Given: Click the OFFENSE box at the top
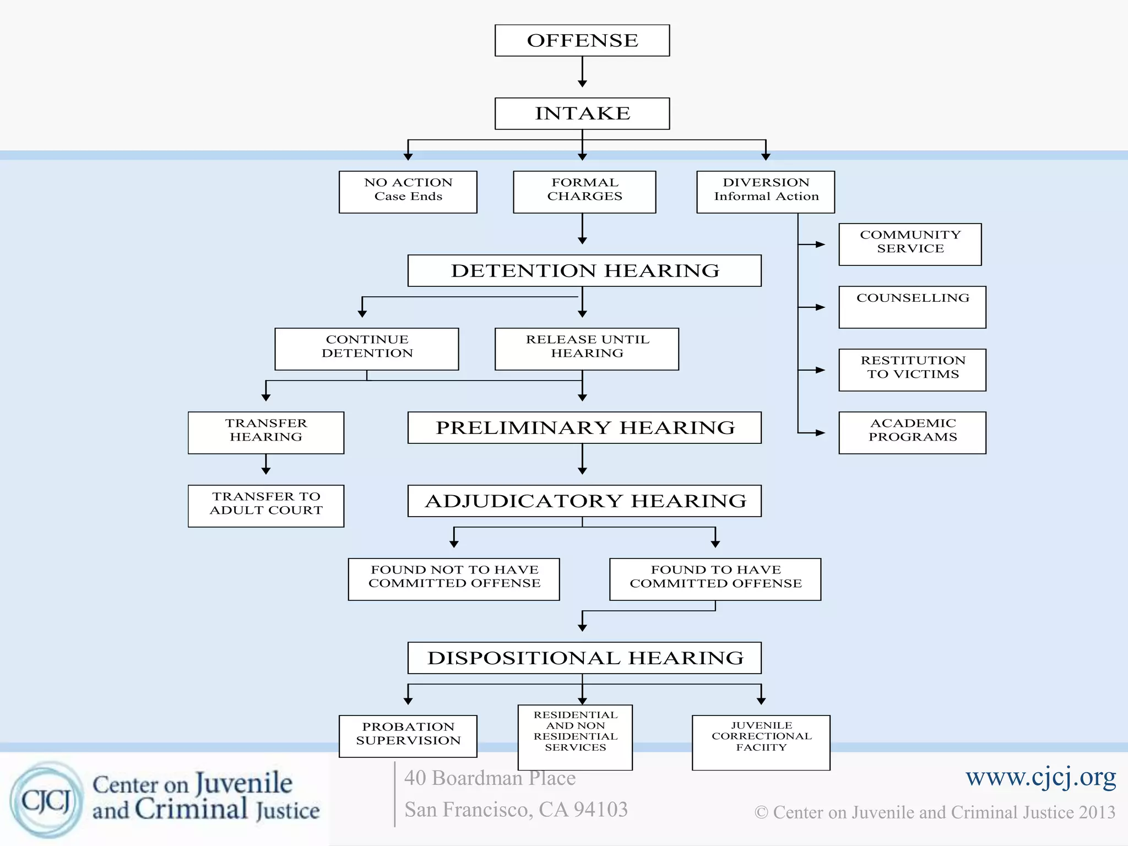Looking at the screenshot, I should pos(582,40).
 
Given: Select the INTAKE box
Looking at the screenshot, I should pos(582,113).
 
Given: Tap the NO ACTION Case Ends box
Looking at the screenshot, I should pos(408,192).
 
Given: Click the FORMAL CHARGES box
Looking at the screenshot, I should pos(584,192).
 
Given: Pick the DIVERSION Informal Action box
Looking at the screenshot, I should pos(766,192).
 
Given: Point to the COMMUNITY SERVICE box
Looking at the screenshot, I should pos(910,244).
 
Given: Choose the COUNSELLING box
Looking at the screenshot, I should pos(912,307).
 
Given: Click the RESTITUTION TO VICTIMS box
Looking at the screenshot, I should pos(912,370).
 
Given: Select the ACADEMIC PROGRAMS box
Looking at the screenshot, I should pos(912,432).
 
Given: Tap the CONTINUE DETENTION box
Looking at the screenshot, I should pos(367,349).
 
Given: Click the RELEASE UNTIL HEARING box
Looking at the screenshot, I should pos(587,349).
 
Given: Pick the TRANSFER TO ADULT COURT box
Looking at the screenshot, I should pos(266,506).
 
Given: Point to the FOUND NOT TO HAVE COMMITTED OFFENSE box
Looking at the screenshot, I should pos(454,579).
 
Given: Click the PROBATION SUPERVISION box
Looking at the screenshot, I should pos(408,736).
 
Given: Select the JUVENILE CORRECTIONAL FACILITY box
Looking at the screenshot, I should pos(761,742).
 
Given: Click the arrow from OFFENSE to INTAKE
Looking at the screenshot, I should pos(582,72).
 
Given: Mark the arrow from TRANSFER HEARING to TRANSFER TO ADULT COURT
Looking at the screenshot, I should pos(266,464).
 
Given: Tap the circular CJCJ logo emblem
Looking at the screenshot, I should pos(46,800).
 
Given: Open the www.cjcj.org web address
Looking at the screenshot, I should pos(1040,777).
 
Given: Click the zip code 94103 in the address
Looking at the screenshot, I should pos(600,810).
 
